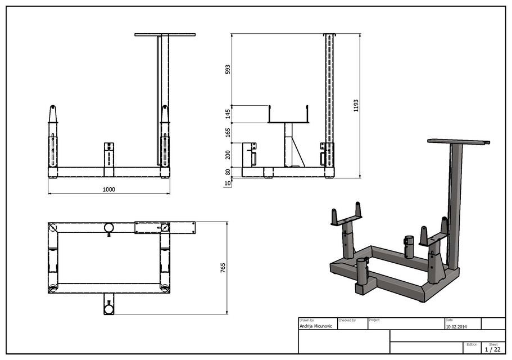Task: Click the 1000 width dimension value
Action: pos(108,190)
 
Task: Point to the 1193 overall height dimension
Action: pos(356,106)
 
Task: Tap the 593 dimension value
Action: pos(228,69)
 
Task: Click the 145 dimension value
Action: pos(228,114)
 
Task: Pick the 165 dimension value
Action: pos(228,133)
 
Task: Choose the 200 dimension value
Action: pos(228,155)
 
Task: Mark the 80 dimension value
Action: pos(228,172)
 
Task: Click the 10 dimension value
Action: pos(228,183)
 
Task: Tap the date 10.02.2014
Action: pos(456,326)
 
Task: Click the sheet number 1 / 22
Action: pos(492,349)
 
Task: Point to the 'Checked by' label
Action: pos(347,320)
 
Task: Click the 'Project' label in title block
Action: pos(374,320)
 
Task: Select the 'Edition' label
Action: pos(472,344)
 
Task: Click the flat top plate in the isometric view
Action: pos(458,141)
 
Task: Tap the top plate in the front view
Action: pos(165,35)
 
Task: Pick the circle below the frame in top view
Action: pos(108,308)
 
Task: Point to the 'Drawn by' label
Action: pos(307,320)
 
